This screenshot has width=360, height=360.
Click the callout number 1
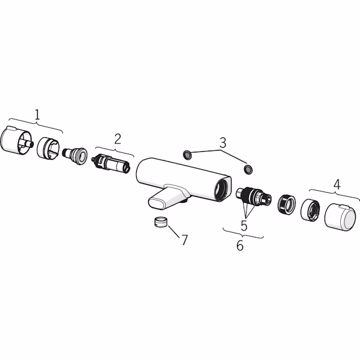[37, 115]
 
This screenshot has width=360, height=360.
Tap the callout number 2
[118, 139]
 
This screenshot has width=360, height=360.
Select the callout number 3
[223, 143]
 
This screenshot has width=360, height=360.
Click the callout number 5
[244, 226]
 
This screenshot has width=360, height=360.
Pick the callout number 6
[239, 245]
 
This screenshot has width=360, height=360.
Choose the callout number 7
[185, 240]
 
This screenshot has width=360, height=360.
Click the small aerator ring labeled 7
[161, 222]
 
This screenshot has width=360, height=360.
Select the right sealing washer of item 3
[248, 169]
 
